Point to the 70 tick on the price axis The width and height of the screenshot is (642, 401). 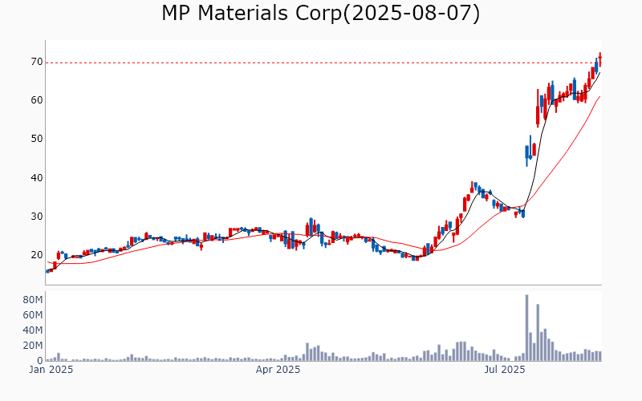tap(36, 62)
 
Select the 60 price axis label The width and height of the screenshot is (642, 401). tap(36, 100)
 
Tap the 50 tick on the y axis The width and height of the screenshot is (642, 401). tap(36, 139)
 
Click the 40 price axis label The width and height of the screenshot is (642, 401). tap(36, 178)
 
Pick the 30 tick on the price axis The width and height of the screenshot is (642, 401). tap(36, 217)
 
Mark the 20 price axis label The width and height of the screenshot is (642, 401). tap(36, 255)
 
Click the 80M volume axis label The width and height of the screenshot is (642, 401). tap(31, 299)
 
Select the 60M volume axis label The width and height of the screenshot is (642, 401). tap(31, 314)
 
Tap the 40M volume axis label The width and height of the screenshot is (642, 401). tap(31, 330)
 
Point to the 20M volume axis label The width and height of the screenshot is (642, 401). tap(31, 346)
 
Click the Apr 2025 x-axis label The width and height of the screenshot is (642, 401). tap(278, 371)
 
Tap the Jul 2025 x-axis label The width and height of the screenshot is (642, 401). tap(506, 371)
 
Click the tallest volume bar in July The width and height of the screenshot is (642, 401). tap(526, 328)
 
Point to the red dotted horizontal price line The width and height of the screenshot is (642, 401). tap(321, 63)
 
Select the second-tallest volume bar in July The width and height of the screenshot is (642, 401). tap(538, 333)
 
